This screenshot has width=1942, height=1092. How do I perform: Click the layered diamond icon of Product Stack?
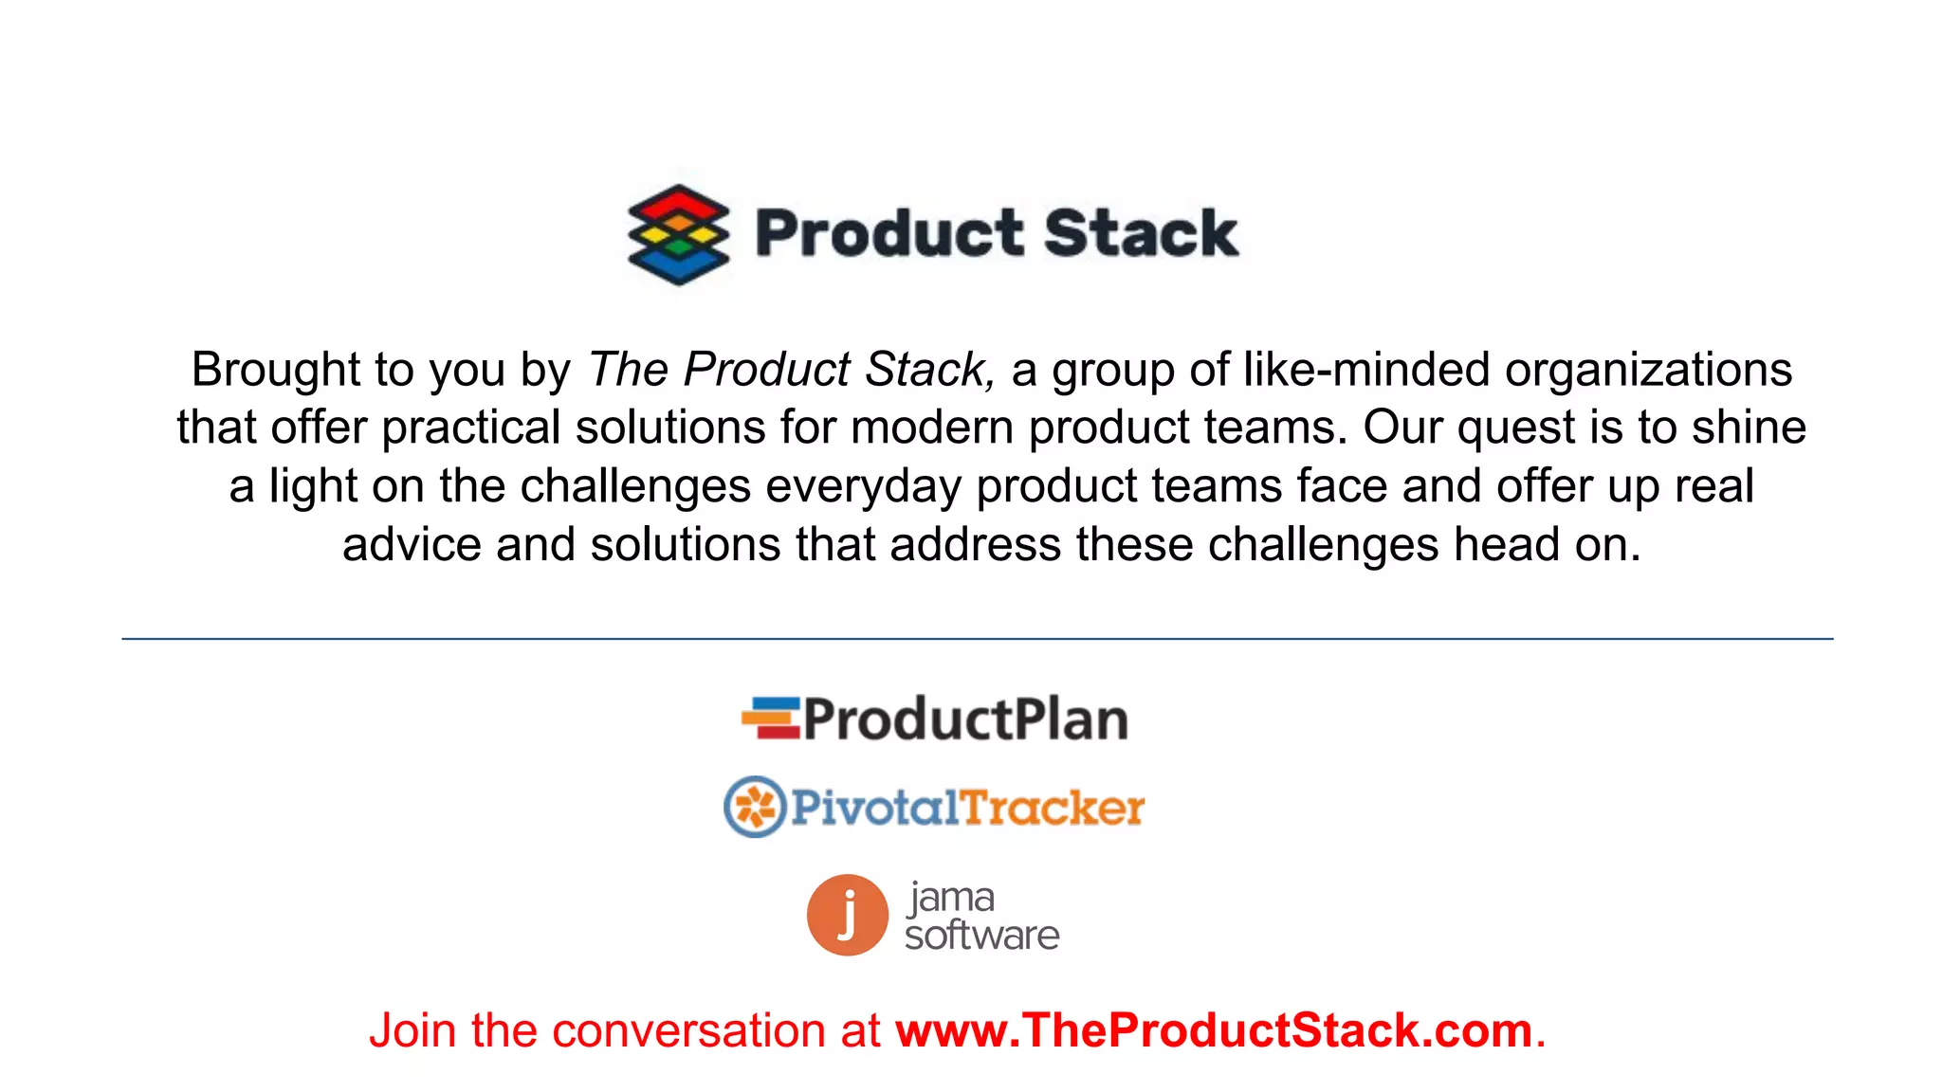678,235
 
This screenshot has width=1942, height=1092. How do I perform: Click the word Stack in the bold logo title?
1141,233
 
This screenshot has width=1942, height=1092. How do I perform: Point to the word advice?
412,545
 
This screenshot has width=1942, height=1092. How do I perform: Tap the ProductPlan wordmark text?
965,719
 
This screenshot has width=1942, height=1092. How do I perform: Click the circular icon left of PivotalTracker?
755,807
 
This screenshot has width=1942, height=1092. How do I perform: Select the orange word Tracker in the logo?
1053,808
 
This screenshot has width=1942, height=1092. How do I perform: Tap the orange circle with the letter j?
847,915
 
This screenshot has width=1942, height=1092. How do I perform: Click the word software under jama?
981,936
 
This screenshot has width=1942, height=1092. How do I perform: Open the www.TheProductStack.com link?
1214,1030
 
